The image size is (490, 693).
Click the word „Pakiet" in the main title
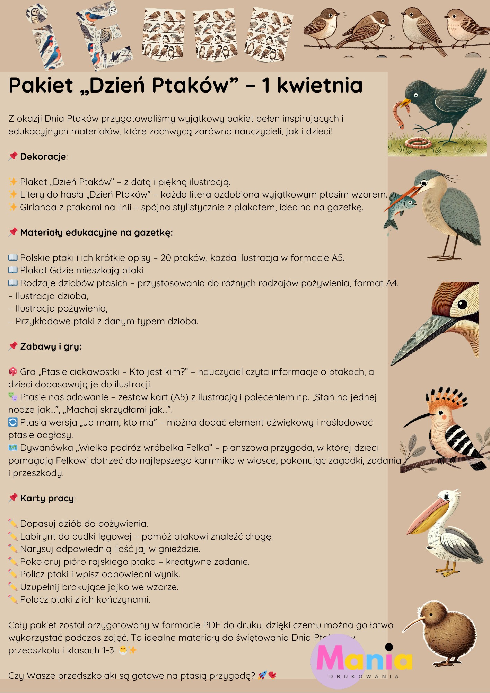[x=41, y=85]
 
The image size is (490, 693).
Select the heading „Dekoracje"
[x=43, y=157]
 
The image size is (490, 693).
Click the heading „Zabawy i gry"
[x=51, y=346]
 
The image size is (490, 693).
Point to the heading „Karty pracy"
[x=47, y=498]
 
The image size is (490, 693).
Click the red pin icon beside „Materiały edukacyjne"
[x=13, y=232]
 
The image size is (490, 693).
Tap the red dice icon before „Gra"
[x=13, y=372]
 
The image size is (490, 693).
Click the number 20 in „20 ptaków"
[x=166, y=258]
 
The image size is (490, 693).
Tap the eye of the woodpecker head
[x=462, y=305]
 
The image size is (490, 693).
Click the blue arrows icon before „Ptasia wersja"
[x=13, y=422]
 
